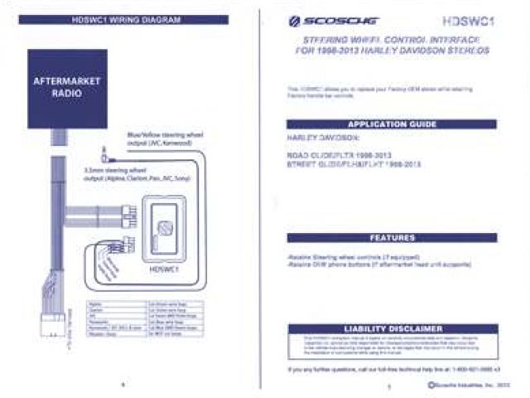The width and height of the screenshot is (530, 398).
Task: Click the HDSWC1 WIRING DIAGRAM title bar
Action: (x=122, y=19)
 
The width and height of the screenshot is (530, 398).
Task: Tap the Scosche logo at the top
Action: (x=319, y=22)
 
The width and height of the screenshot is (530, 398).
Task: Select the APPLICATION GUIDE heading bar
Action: (x=391, y=124)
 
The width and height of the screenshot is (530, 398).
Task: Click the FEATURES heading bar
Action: (x=391, y=237)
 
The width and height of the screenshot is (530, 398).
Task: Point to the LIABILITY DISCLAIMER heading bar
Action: (x=391, y=328)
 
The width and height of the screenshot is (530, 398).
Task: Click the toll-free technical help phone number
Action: (x=476, y=370)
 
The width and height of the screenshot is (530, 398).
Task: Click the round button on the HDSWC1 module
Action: (x=166, y=226)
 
